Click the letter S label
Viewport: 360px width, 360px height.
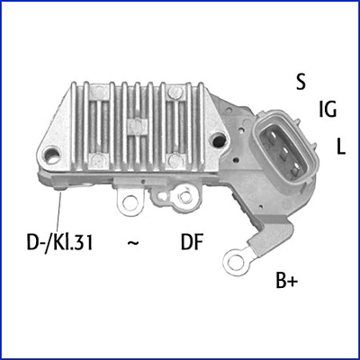coord(301,81)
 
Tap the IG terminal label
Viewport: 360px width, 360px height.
coord(328,111)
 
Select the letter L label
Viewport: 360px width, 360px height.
coord(341,146)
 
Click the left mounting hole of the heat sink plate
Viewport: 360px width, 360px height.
coord(58,157)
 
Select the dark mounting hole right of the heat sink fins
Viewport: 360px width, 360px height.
coord(220,139)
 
